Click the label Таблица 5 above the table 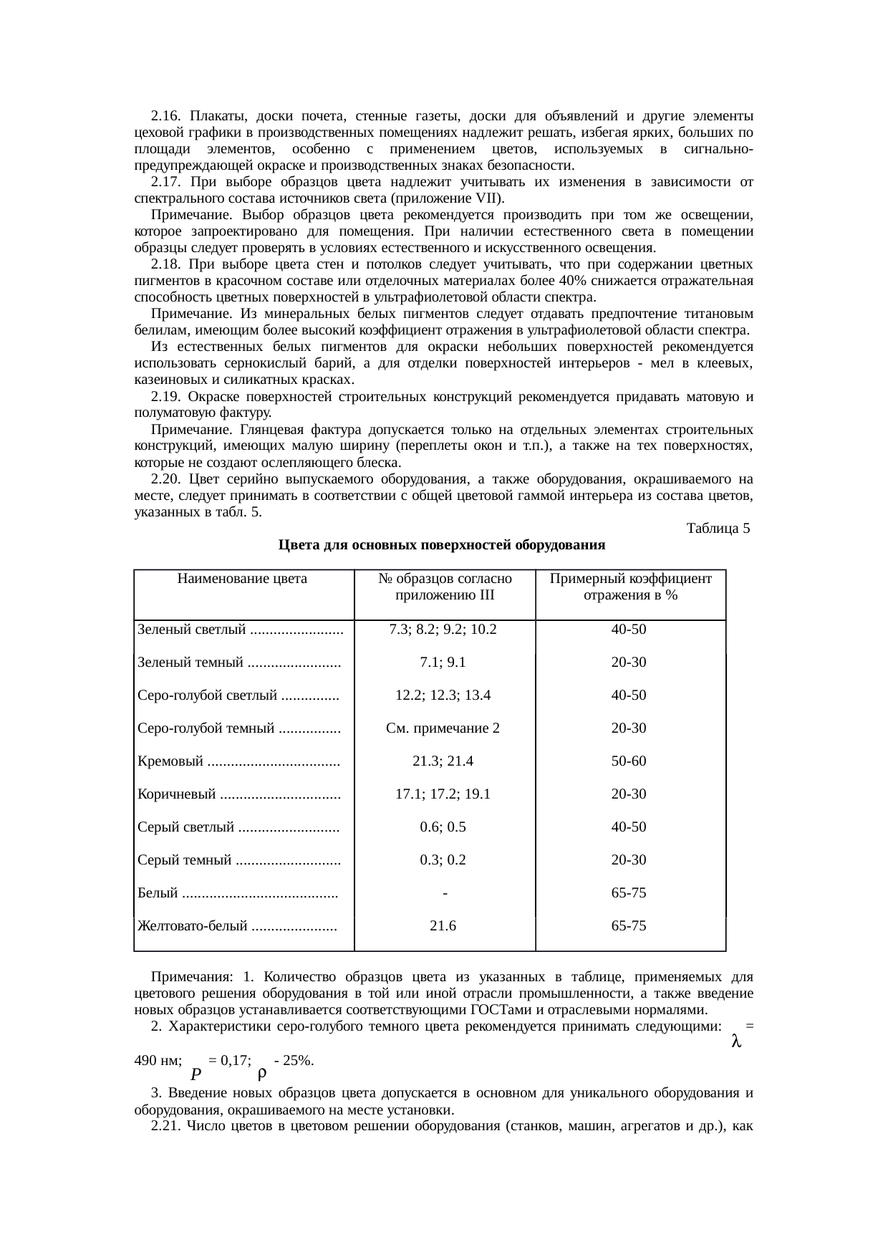coord(718,529)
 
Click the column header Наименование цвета coord(242,579)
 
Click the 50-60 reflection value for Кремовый coord(628,761)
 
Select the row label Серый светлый coord(185,827)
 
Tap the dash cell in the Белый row coord(445,893)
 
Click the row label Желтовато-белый coord(193,926)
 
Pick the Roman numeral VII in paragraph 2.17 coord(486,198)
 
